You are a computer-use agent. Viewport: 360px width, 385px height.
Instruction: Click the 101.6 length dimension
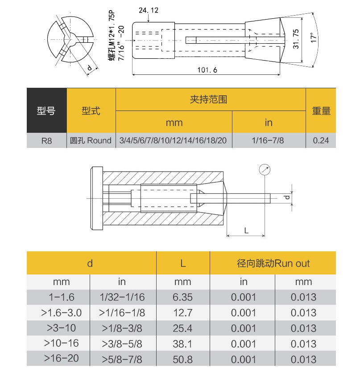click(207, 70)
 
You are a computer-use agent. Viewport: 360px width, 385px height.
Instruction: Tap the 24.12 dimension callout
click(149, 10)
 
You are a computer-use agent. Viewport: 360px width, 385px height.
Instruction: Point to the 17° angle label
click(315, 37)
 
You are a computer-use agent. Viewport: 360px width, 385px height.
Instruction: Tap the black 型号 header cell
click(46, 111)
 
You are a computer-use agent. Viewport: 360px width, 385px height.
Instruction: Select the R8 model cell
click(46, 141)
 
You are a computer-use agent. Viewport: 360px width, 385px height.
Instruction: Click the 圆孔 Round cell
click(91, 141)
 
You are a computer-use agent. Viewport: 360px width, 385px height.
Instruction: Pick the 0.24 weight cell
click(321, 141)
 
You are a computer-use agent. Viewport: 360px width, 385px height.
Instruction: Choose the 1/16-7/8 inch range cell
click(268, 141)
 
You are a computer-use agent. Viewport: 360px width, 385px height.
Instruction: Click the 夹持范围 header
click(211, 99)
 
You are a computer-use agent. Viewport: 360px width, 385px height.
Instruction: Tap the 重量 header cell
click(321, 111)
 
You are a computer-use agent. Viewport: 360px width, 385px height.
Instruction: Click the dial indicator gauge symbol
click(265, 170)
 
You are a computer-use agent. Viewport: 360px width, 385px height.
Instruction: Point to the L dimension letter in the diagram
click(246, 230)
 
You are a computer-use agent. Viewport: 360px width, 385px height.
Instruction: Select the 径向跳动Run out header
click(273, 263)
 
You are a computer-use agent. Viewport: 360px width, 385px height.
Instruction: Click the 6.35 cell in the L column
click(182, 297)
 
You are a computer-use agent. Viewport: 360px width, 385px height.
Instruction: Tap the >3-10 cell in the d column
click(58, 328)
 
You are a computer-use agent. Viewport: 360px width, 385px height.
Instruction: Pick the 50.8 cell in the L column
click(182, 359)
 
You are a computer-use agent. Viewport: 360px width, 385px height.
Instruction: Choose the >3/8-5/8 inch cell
click(122, 344)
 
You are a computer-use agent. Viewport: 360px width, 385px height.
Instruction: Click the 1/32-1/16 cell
click(122, 297)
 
